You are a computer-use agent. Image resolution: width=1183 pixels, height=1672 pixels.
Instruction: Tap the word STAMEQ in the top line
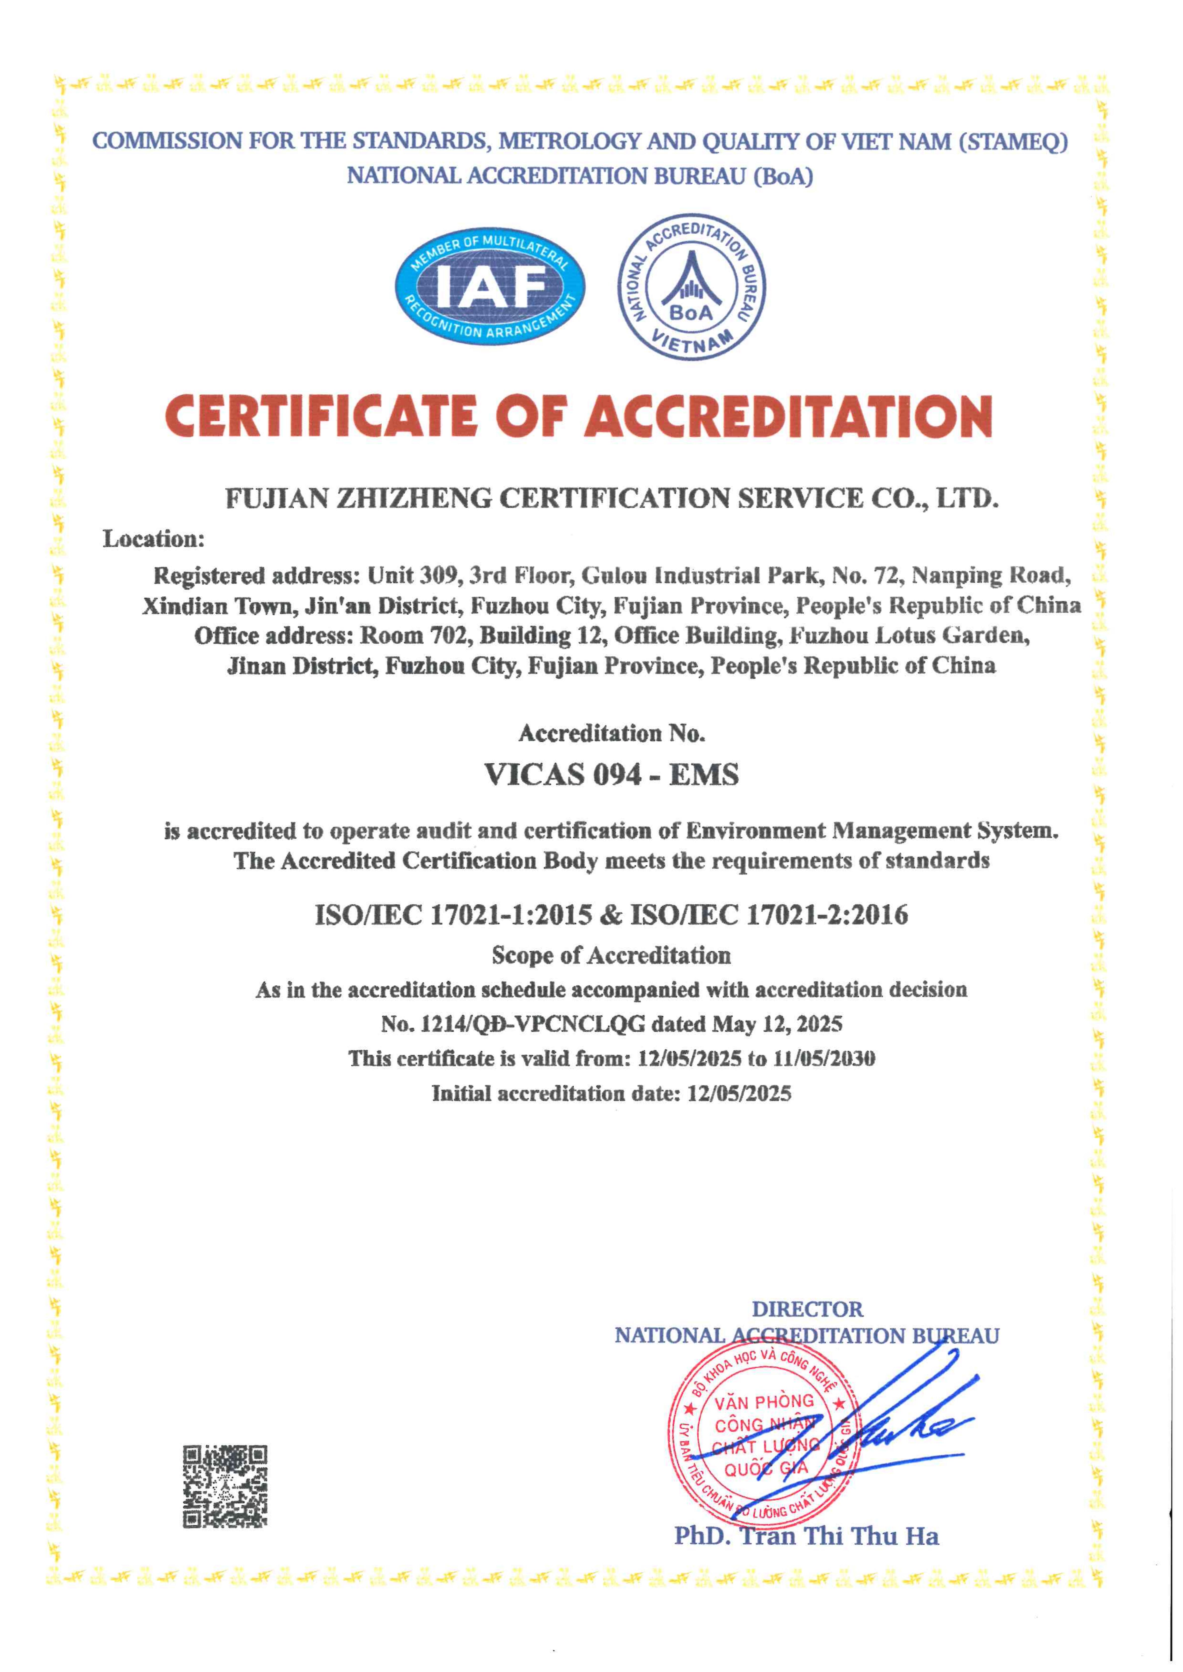1015,141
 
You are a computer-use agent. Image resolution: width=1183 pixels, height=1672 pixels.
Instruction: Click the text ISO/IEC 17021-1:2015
453,915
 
